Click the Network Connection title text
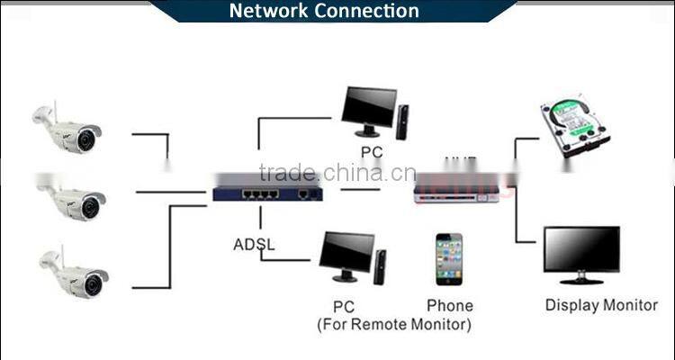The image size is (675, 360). tap(324, 11)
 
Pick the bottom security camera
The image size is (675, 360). tap(74, 274)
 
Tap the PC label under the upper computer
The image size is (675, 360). tap(372, 152)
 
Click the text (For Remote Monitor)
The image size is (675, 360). tap(393, 324)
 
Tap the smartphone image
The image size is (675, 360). tap(448, 260)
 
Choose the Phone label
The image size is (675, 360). tap(449, 306)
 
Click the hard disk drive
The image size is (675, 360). tap(572, 126)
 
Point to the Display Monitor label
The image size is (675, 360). tap(601, 305)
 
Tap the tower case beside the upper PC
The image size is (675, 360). tap(402, 121)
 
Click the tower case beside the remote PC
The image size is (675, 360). tap(382, 265)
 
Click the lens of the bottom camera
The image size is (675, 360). tap(91, 285)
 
